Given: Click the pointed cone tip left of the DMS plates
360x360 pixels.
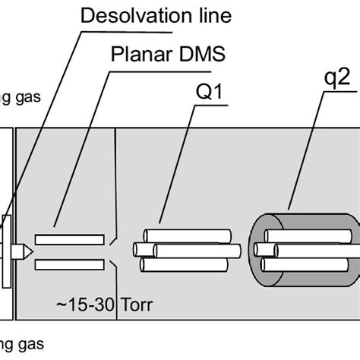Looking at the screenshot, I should [27, 251].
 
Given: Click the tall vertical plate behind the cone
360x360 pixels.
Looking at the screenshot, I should [7, 251].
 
